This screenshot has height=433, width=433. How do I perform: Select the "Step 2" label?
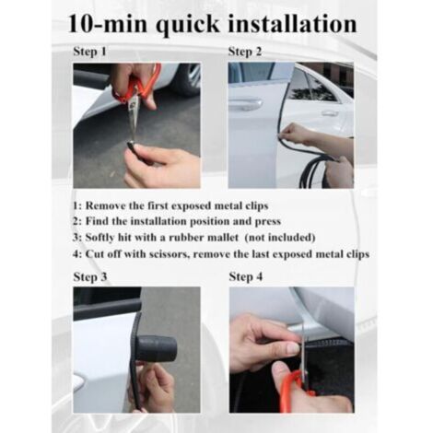coord(245,52)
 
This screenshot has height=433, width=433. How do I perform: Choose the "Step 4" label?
coord(245,275)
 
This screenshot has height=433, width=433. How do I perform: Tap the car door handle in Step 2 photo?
coord(246,105)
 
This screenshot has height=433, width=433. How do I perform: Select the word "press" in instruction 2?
coord(275,222)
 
